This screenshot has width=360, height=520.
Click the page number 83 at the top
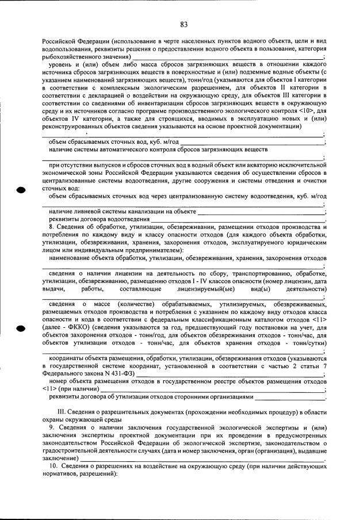coord(184,24)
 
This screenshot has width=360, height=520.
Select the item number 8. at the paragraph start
coord(52,228)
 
